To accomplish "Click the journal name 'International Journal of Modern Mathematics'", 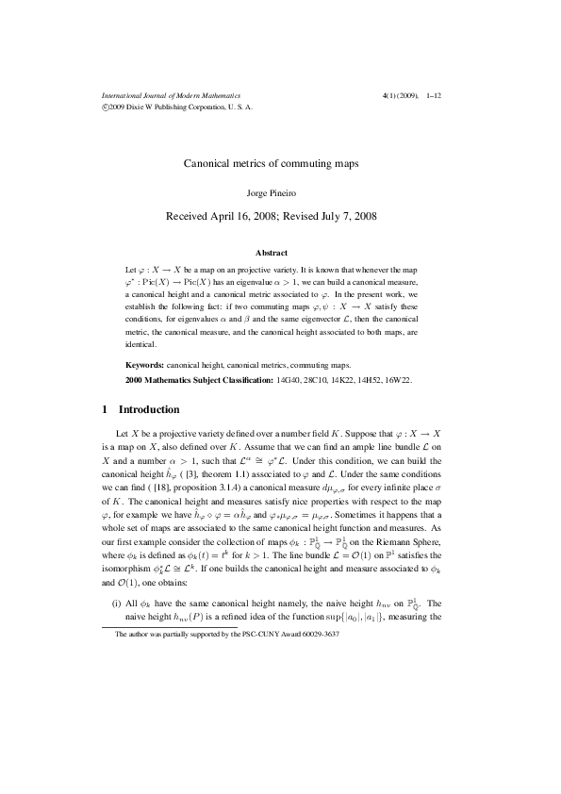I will point(171,96).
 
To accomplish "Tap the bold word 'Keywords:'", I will point(145,364).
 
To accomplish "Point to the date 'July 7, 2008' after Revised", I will point(341,216).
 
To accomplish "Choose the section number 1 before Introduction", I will point(104,410).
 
